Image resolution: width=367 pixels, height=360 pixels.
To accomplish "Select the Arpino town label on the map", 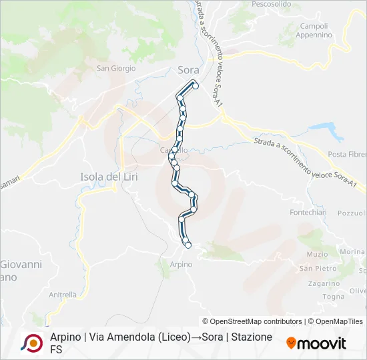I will pos(181,265).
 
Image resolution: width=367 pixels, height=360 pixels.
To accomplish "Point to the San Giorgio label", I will pos(116,68).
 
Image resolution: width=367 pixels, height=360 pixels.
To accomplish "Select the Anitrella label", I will pos(63,294).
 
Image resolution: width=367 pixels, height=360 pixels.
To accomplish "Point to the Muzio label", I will pos(317,254).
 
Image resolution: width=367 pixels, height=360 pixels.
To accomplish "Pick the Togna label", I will pos(332,296).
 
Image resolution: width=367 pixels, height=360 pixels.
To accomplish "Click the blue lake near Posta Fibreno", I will pos(325,128).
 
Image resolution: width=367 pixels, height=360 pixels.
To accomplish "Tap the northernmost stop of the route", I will pos(195,85).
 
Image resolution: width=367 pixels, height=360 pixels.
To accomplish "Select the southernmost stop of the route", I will pos(188,245).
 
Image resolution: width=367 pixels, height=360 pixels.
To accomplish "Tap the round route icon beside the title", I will pos(31,343).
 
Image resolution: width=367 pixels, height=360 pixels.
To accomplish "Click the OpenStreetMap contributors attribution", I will pos(252,321).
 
